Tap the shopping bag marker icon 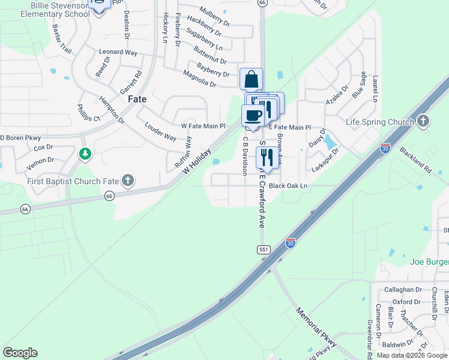click(x=251, y=79)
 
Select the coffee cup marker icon click(x=253, y=115)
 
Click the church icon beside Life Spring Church click(x=423, y=121)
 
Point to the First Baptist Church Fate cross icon click(x=127, y=180)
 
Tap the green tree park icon click(x=85, y=154)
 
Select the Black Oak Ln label click(x=288, y=186)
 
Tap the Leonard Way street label click(x=118, y=53)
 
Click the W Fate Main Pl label click(x=203, y=127)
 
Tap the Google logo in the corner click(x=20, y=353)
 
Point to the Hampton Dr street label click(x=112, y=110)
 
